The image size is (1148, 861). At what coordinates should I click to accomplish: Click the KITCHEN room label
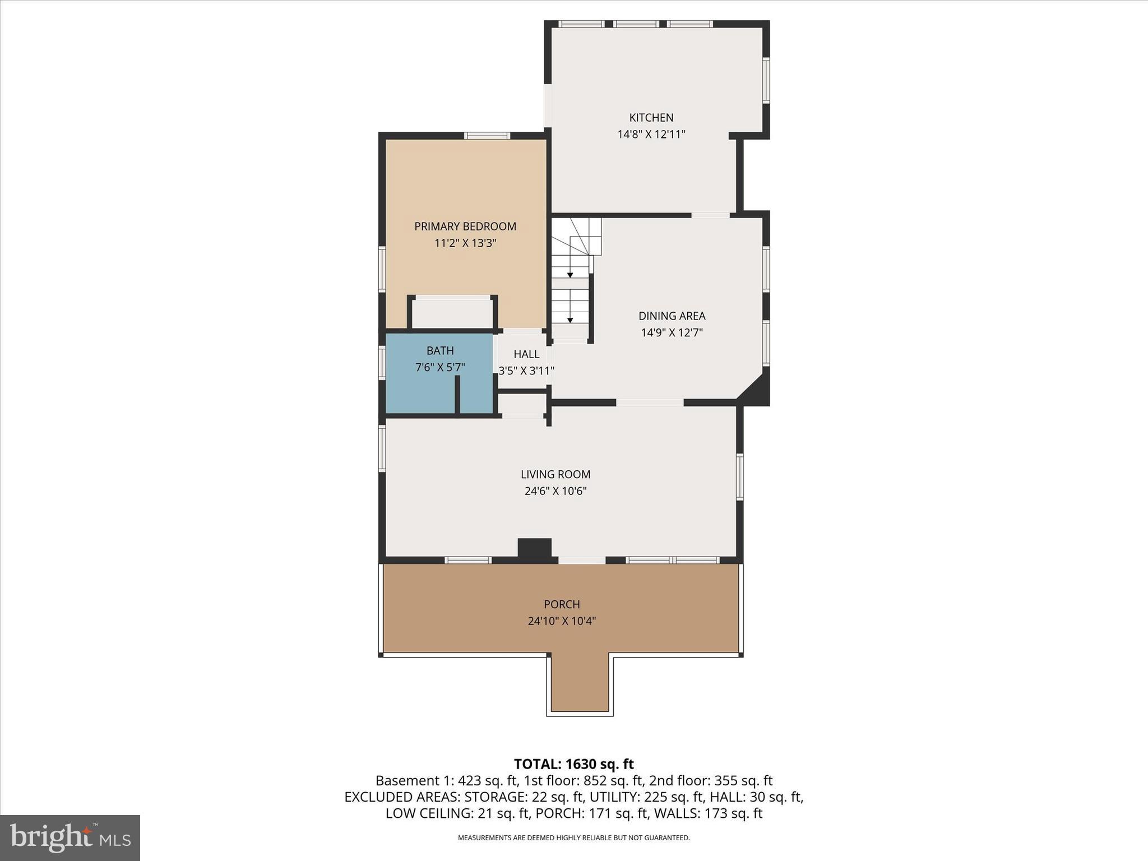(x=651, y=118)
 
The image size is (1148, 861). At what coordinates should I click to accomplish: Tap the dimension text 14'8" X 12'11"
(x=651, y=135)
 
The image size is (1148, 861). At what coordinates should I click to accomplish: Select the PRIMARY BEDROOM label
(x=465, y=226)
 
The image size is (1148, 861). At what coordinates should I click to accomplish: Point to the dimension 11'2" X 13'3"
(x=465, y=243)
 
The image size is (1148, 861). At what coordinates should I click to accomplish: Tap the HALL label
(x=526, y=354)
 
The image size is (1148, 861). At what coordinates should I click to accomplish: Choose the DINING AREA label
(x=672, y=316)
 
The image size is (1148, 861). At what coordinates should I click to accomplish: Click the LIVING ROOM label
(x=555, y=475)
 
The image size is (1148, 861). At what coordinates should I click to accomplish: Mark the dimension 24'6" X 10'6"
(x=555, y=492)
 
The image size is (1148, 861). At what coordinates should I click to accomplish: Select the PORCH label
(x=561, y=605)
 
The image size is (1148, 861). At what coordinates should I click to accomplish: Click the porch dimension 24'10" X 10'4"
(x=561, y=622)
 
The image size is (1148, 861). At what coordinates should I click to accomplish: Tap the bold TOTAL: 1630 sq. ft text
(x=573, y=764)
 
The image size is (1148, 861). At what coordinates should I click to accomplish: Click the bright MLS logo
(x=70, y=838)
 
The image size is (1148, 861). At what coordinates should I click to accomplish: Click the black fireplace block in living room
(x=534, y=548)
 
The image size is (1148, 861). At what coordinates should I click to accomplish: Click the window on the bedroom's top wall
(x=487, y=136)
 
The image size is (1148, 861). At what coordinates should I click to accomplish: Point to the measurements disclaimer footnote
(x=573, y=838)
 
